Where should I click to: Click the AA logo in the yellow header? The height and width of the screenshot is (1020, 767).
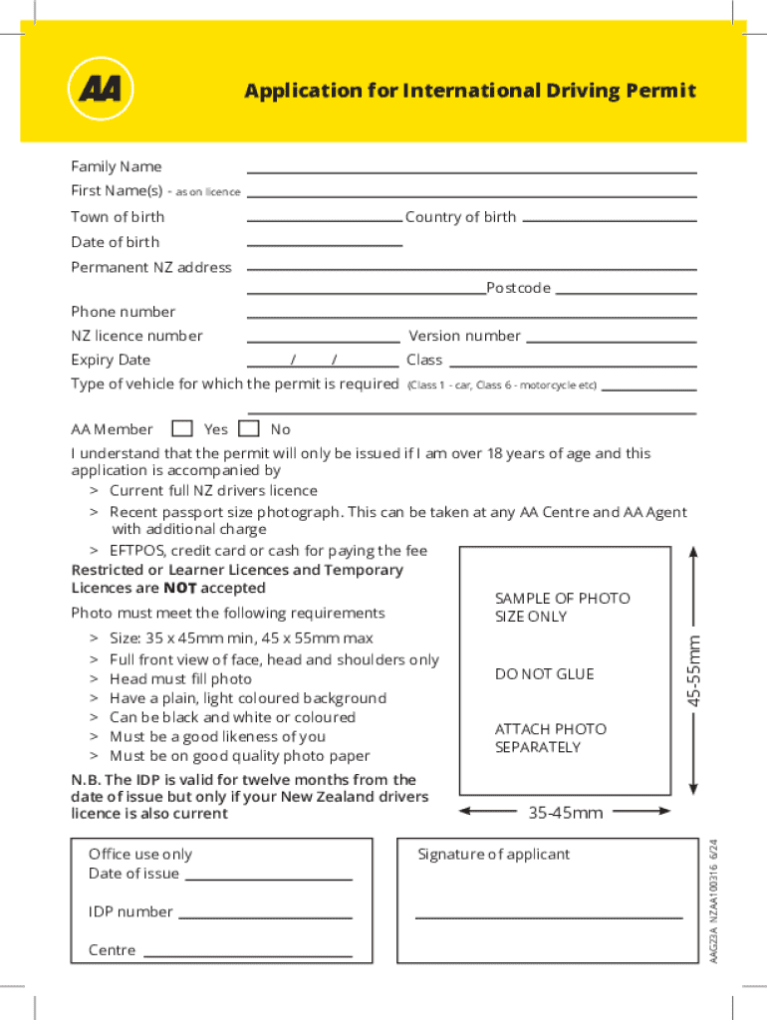[100, 91]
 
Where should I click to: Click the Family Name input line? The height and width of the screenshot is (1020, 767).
[471, 170]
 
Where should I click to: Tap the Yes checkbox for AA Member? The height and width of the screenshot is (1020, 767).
[182, 429]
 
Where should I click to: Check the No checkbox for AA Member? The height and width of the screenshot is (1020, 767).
[250, 429]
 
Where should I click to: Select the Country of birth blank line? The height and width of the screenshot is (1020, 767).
[609, 219]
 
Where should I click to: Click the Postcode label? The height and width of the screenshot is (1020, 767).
[518, 288]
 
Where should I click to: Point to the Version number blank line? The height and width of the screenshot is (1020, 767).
[611, 341]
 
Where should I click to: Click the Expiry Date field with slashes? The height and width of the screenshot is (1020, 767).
[323, 363]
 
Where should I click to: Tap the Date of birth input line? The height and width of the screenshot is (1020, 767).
[325, 244]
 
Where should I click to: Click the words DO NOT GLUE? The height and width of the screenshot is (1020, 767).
[544, 674]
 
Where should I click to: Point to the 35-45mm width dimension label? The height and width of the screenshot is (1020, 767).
[565, 814]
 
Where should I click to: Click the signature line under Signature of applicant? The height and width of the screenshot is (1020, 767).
[548, 916]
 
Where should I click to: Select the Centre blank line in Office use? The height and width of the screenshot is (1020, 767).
[248, 955]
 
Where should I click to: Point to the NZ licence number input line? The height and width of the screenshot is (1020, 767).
[323, 341]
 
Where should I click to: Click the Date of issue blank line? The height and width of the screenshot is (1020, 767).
[269, 879]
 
